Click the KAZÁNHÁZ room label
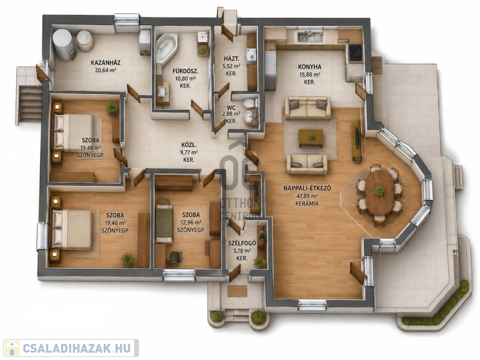[106, 63]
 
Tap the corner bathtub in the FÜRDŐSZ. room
[166, 49]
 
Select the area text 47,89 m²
[307, 196]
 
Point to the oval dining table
[380, 193]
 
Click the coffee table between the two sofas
[311, 138]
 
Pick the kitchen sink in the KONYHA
[310, 36]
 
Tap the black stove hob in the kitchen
[356, 53]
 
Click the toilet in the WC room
[251, 103]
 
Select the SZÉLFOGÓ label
[242, 244]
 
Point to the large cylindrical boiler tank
[64, 44]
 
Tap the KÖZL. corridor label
[189, 145]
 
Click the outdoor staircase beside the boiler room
[29, 104]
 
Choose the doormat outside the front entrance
[237, 291]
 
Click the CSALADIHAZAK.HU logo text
[77, 348]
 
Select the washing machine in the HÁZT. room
[251, 56]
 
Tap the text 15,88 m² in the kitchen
[310, 74]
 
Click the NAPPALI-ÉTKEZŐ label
[307, 188]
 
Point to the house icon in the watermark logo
[11, 348]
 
